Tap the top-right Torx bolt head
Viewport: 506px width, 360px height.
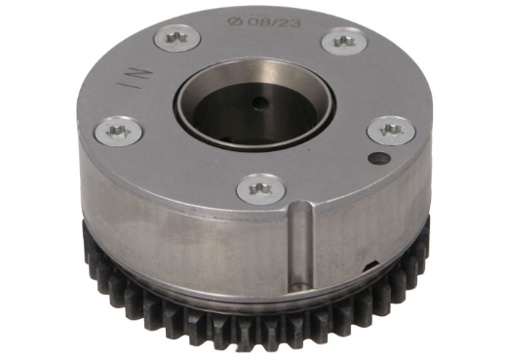pos(342,40)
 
